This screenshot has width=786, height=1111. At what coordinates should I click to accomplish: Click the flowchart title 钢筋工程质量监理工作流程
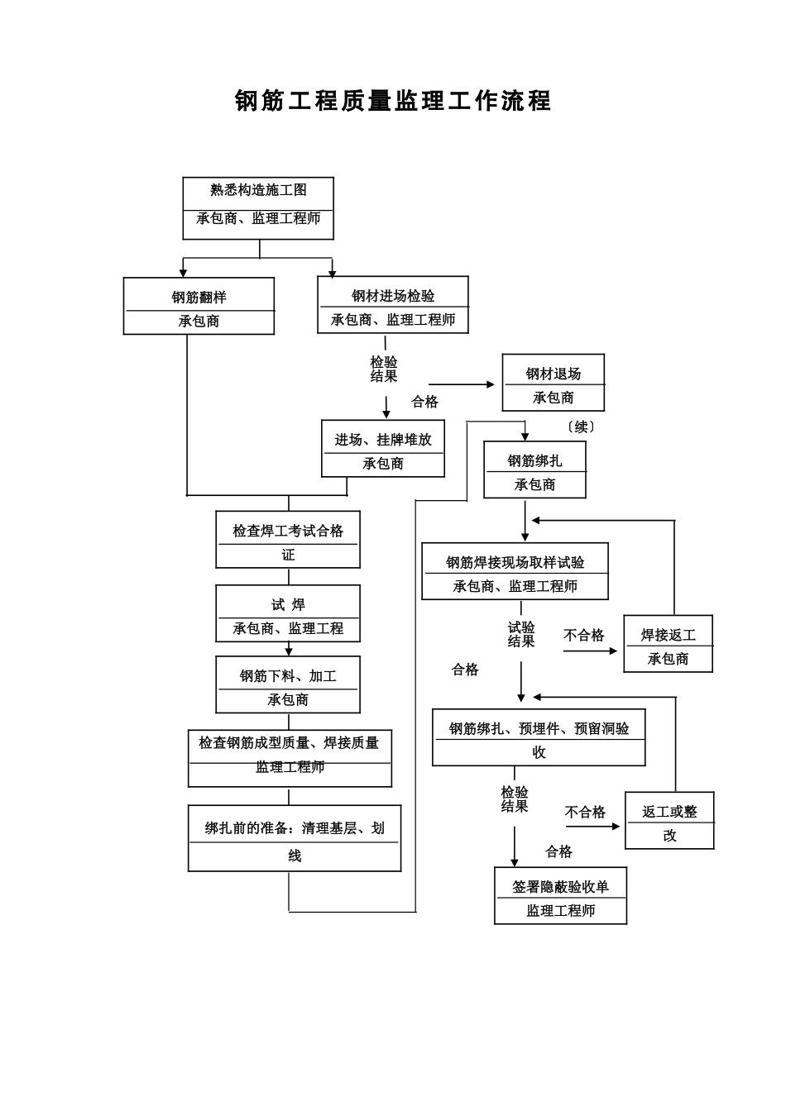click(x=393, y=101)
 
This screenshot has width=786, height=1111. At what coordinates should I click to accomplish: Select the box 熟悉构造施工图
click(x=258, y=208)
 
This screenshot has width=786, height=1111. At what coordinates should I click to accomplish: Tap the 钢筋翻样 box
click(x=199, y=307)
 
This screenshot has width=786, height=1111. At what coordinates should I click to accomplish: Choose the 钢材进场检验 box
click(x=393, y=305)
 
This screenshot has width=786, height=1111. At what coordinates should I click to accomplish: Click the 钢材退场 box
click(x=554, y=383)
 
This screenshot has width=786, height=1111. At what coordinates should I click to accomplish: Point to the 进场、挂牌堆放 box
click(x=383, y=449)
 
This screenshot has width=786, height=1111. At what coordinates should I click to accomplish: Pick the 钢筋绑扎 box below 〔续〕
click(x=534, y=470)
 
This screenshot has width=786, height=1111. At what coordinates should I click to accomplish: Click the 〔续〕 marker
click(x=581, y=427)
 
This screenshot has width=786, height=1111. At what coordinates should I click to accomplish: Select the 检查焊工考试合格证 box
click(x=288, y=540)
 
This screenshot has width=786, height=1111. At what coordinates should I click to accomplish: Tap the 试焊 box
click(x=288, y=614)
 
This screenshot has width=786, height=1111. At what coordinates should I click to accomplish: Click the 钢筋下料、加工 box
click(x=288, y=684)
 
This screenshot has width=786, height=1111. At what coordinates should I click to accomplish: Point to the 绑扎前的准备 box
click(x=295, y=838)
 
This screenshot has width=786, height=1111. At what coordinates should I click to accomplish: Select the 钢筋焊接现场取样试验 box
click(x=515, y=571)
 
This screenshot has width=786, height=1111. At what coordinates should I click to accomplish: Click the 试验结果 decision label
click(x=521, y=634)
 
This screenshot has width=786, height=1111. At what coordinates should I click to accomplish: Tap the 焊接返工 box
click(x=668, y=644)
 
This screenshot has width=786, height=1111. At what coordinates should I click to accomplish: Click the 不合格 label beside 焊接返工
click(x=584, y=635)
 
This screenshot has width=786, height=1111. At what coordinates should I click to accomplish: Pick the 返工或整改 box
click(x=669, y=821)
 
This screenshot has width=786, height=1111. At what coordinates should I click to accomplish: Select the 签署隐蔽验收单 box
click(x=560, y=896)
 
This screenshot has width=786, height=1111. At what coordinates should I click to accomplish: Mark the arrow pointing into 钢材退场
click(x=488, y=384)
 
